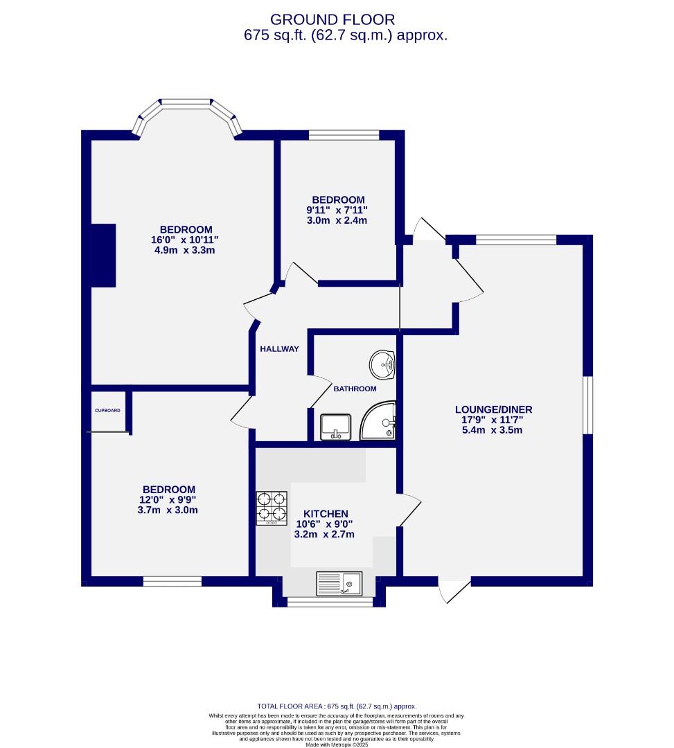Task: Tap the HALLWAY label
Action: tap(279, 349)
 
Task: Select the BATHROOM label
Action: tap(355, 389)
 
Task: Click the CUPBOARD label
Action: tap(107, 411)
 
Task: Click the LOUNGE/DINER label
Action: tap(493, 409)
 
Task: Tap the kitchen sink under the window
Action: tap(339, 583)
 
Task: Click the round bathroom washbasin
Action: tap(382, 364)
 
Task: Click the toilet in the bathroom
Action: tap(336, 427)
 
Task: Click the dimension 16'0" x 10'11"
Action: tap(186, 240)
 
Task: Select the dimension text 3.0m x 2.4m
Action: tap(338, 220)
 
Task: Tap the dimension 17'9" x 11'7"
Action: tap(493, 420)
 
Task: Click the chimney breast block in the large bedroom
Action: tap(104, 255)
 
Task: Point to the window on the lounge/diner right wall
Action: tap(588, 405)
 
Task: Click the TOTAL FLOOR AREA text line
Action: tap(337, 706)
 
